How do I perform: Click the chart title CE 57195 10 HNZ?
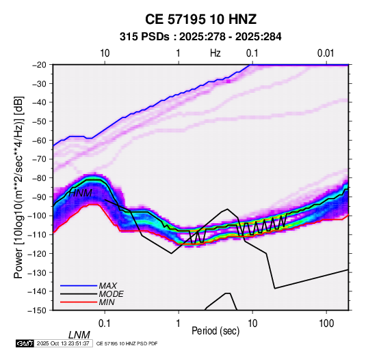pyautogui.click(x=200, y=19)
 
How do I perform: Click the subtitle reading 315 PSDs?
pyautogui.click(x=144, y=37)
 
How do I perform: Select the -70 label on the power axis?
pyautogui.click(x=39, y=159)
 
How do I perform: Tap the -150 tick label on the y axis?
pyautogui.click(x=37, y=311)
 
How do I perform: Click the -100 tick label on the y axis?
pyautogui.click(x=37, y=216)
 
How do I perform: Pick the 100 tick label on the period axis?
pyautogui.click(x=326, y=323)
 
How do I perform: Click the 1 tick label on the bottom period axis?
pyautogui.click(x=179, y=323)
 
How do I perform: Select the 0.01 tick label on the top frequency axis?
pyautogui.click(x=326, y=53)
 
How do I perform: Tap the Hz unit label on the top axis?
pyautogui.click(x=215, y=53)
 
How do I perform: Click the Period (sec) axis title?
pyautogui.click(x=215, y=331)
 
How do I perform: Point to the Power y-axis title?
pyautogui.click(x=18, y=187)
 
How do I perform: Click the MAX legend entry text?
pyautogui.click(x=108, y=286)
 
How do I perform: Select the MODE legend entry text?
pyautogui.click(x=111, y=294)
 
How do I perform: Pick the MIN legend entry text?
pyautogui.click(x=107, y=302)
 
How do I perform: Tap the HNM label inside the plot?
pyautogui.click(x=80, y=193)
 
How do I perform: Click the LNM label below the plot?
pyautogui.click(x=79, y=335)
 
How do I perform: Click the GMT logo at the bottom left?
pyautogui.click(x=25, y=343)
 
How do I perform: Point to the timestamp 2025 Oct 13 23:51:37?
pyautogui.click(x=63, y=343)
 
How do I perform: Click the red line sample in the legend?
pyautogui.click(x=79, y=302)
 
